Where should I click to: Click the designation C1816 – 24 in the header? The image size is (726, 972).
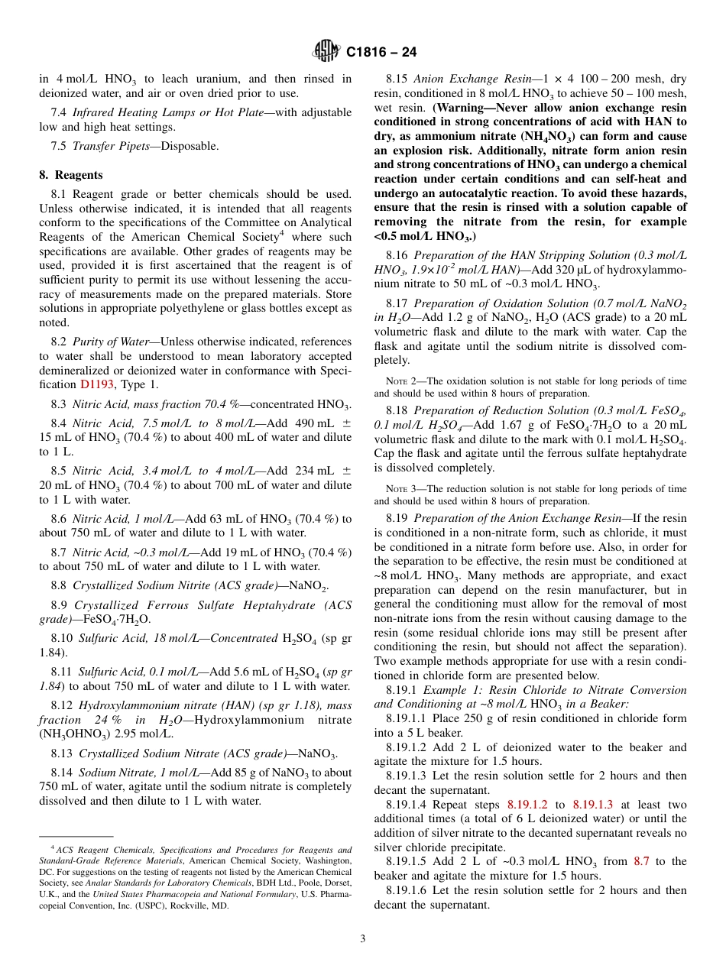click(381, 52)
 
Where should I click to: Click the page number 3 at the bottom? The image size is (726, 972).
click(362, 939)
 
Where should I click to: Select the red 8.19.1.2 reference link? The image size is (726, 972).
click(527, 805)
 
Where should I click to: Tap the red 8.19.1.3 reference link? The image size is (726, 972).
click(592, 805)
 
